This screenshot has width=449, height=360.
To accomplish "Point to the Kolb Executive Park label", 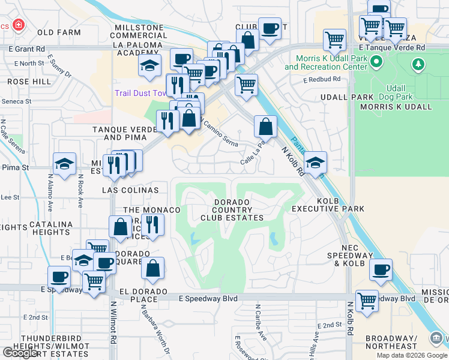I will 328,205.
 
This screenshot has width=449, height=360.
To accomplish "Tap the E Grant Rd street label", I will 26,49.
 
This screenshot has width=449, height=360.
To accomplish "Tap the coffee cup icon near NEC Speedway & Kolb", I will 381,269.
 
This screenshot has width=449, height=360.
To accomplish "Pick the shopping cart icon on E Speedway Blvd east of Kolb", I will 367,301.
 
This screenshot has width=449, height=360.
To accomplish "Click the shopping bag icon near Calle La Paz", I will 265,127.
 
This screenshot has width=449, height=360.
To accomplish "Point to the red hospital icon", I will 19,25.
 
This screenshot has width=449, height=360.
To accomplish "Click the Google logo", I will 20,353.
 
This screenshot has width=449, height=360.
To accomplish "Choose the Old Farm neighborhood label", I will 58,32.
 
